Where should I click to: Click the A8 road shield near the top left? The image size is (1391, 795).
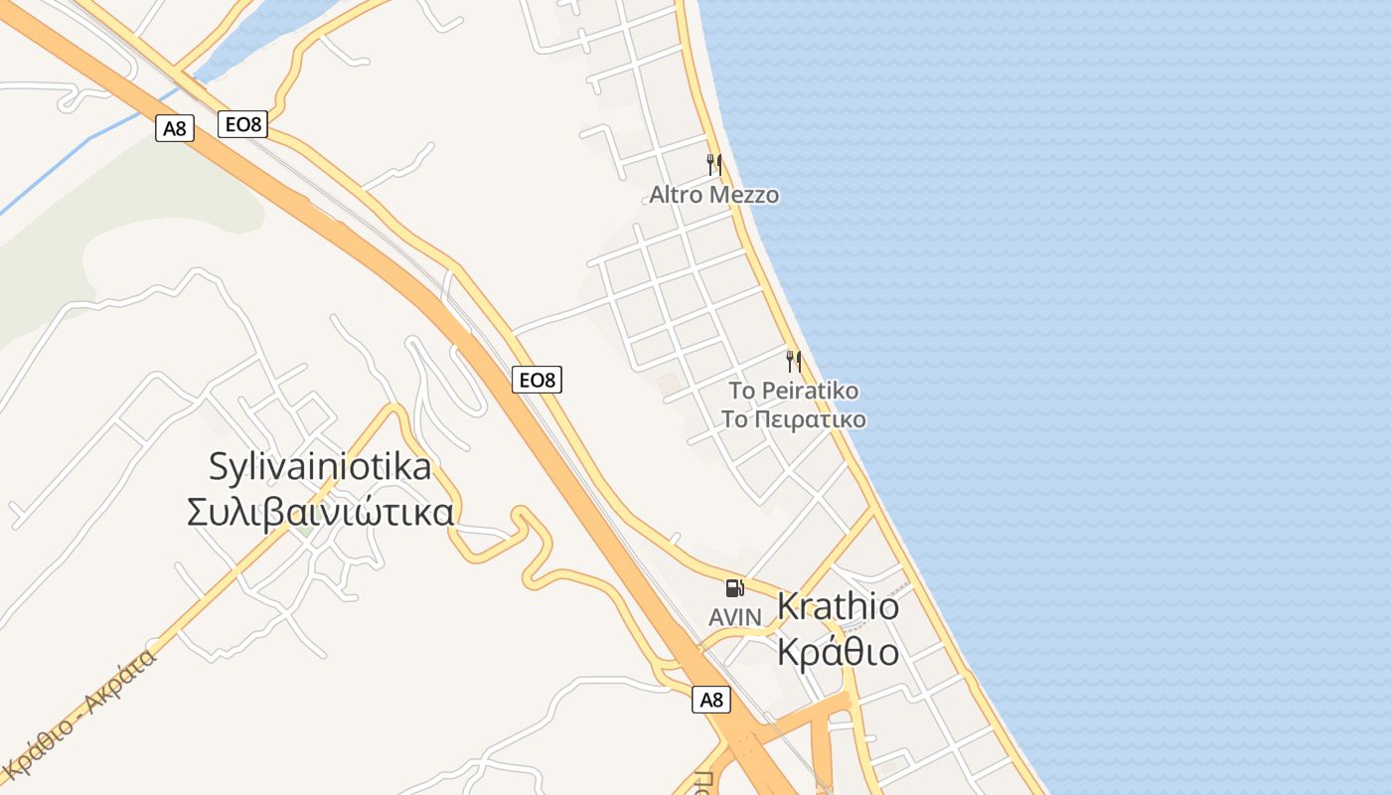[x=174, y=128]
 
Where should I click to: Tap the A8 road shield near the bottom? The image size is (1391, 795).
[x=711, y=700]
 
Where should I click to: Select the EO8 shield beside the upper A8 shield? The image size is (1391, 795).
[x=243, y=124]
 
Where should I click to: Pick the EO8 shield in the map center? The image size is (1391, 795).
[x=538, y=379]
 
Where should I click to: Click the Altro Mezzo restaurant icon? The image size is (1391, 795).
[x=713, y=164]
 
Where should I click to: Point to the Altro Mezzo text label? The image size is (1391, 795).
[x=713, y=195]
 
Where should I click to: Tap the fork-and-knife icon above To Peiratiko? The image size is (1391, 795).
[x=793, y=361]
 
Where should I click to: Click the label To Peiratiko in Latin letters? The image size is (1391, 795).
[x=793, y=391]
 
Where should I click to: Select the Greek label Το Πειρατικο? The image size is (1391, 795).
[x=793, y=419]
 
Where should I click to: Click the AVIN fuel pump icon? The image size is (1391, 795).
[x=734, y=588]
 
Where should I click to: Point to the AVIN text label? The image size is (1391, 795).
[x=734, y=617]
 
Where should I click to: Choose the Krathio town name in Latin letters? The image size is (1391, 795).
[x=838, y=606]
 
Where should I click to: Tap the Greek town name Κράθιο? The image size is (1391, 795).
[x=838, y=652]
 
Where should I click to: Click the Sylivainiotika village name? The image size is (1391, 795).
[x=320, y=466]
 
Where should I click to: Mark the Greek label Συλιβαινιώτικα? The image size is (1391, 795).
[x=320, y=512]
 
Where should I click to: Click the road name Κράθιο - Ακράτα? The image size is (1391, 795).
[x=79, y=714]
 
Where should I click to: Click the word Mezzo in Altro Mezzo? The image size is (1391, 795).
[x=746, y=195]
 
